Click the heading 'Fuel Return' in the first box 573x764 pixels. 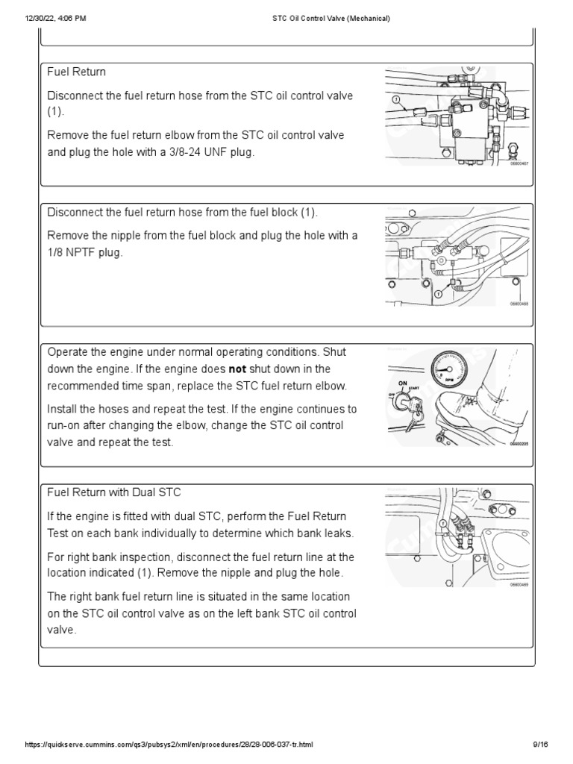(77, 72)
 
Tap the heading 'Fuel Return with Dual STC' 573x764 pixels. (114, 492)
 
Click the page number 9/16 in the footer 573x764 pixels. (540, 745)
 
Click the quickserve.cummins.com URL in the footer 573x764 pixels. (169, 745)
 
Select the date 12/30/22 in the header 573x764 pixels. (40, 18)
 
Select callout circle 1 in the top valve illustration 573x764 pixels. (395, 98)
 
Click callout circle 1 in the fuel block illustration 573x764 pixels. (438, 295)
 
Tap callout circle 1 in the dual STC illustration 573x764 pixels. (443, 525)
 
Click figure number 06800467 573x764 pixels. (519, 174)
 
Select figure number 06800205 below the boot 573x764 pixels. (519, 443)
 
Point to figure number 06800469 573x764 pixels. (519, 585)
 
